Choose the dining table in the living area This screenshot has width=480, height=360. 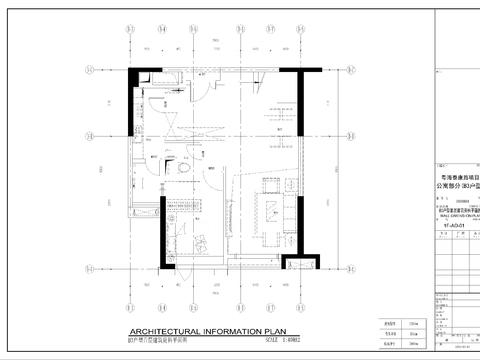click(271, 210)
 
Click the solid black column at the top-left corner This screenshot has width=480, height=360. click(131, 100)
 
